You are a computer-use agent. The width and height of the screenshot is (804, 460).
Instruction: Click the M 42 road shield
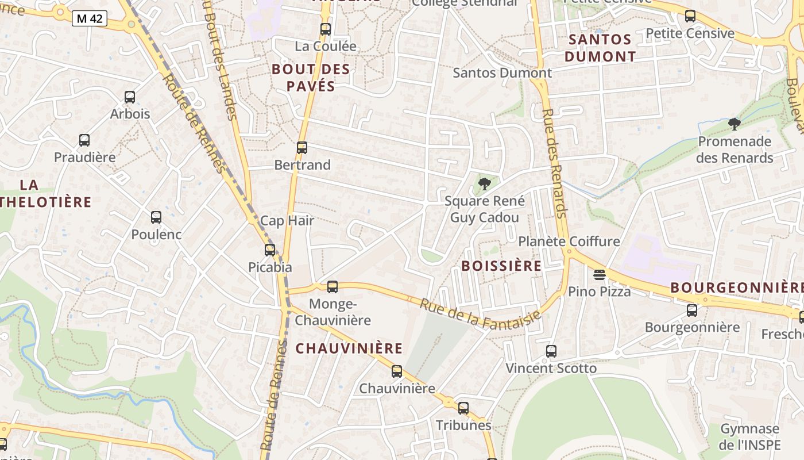point(90,18)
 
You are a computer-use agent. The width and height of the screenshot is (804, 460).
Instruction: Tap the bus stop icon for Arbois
point(130,97)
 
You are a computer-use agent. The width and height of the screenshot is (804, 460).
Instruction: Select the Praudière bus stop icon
point(84,140)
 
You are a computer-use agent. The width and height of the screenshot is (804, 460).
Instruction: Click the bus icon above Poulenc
point(156,217)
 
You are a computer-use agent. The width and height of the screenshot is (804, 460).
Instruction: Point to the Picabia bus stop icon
point(270,250)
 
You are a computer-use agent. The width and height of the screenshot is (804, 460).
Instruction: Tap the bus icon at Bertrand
point(302,148)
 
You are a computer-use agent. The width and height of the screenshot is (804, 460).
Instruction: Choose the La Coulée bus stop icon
point(326,29)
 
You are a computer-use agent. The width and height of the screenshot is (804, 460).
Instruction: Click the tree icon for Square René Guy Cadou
point(485,184)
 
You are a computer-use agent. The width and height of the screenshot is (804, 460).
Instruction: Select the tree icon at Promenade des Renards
point(734,124)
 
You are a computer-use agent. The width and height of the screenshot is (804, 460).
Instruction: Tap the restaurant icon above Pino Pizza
point(600,275)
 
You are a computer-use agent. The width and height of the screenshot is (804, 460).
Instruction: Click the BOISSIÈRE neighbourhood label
point(501,266)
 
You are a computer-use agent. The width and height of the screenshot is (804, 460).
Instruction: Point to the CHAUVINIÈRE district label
point(349,348)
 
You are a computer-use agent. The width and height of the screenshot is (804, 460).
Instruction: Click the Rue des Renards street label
point(555,163)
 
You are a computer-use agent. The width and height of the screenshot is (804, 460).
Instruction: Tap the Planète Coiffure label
point(569,241)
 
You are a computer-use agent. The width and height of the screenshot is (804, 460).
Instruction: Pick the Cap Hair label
point(287,221)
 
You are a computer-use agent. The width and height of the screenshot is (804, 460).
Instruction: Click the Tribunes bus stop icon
point(463,408)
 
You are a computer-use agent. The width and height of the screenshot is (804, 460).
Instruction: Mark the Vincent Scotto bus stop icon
point(551,351)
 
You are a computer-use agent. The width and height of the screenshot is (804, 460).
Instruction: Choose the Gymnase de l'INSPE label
point(749,436)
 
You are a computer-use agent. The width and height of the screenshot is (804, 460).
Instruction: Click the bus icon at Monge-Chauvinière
point(332,287)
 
